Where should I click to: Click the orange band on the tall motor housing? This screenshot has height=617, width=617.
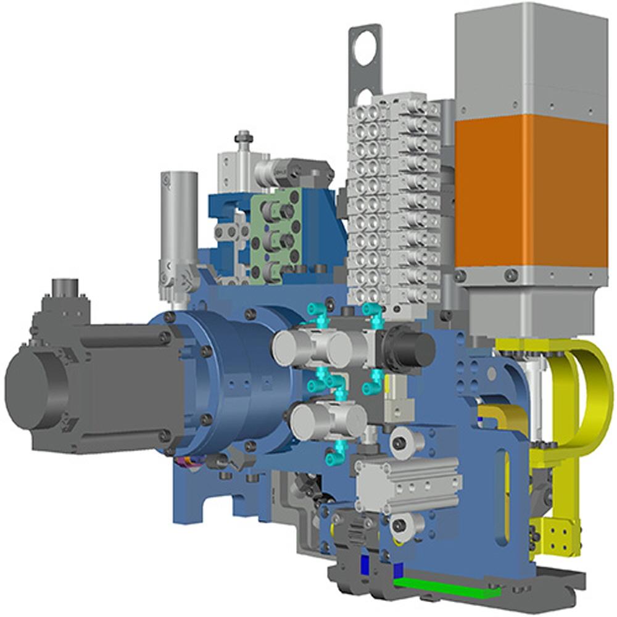click(x=531, y=191)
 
